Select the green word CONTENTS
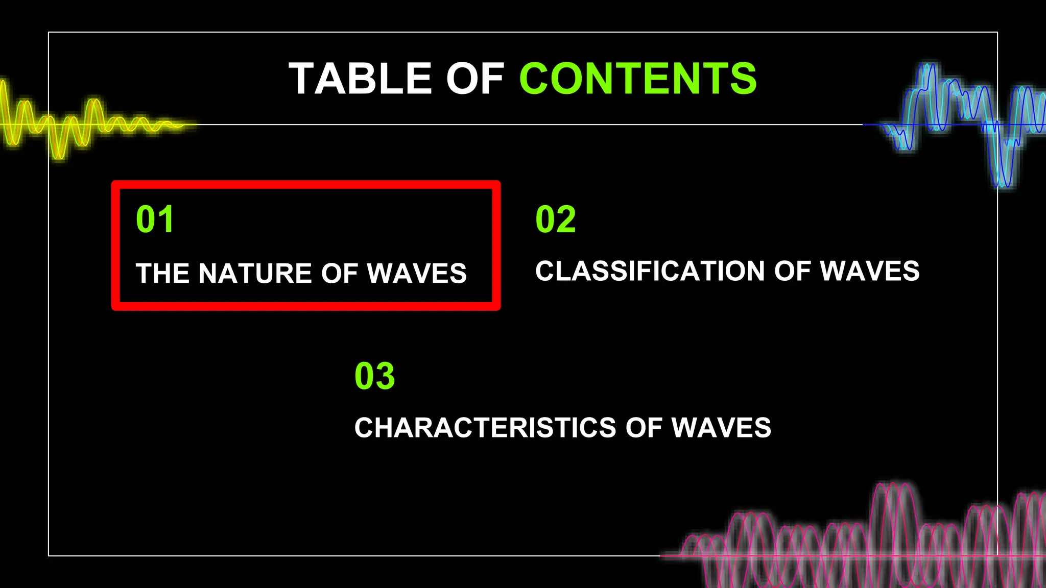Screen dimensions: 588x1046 click(x=638, y=79)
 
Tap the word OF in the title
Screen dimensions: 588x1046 click(x=475, y=79)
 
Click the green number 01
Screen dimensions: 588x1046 click(x=155, y=219)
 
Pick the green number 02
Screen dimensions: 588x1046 click(x=556, y=219)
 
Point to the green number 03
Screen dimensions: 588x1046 click(x=375, y=376)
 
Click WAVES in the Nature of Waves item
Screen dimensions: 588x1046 click(x=417, y=274)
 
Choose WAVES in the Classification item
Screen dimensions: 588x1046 click(x=870, y=271)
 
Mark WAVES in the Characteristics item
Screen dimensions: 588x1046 click(x=721, y=428)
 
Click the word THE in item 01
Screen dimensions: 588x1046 click(x=162, y=274)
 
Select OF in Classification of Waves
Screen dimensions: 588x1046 click(x=793, y=271)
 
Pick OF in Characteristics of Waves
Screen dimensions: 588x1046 click(x=644, y=428)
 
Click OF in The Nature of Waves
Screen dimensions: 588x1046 click(x=340, y=274)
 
